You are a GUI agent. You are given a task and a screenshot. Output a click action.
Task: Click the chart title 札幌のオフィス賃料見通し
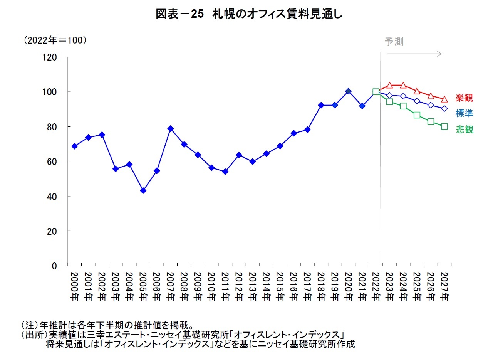pyautogui.click(x=249, y=14)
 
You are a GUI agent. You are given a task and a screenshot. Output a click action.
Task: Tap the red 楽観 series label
pyautogui.click(x=464, y=98)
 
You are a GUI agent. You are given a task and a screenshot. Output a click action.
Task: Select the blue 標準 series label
pyautogui.click(x=464, y=113)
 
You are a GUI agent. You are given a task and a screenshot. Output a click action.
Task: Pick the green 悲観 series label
pyautogui.click(x=464, y=129)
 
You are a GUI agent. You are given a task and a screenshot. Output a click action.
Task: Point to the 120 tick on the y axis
pyautogui.click(x=50, y=57)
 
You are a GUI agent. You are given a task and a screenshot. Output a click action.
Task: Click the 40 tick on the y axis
pyautogui.click(x=52, y=197)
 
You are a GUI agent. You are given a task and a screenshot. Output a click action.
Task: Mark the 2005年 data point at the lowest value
pyautogui.click(x=143, y=190)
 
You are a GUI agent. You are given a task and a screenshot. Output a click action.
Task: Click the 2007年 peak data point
pyautogui.click(x=171, y=129)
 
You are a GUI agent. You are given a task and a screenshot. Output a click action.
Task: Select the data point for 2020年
pyautogui.click(x=348, y=91)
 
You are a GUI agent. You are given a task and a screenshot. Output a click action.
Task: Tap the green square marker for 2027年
pyautogui.click(x=444, y=126)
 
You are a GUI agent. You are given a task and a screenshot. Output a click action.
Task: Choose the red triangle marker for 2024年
pyautogui.click(x=403, y=85)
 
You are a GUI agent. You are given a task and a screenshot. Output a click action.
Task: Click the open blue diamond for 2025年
pyautogui.click(x=417, y=101)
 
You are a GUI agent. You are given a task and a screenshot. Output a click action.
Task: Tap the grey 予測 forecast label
pyautogui.click(x=394, y=42)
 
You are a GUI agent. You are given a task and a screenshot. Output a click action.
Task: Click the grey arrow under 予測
pyautogui.click(x=414, y=54)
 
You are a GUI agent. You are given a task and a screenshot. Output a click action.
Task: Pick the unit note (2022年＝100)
pyautogui.click(x=54, y=40)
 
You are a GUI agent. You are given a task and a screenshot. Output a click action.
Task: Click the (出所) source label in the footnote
pyautogui.click(x=33, y=334)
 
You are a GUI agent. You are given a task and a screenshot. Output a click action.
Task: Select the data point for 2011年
pyautogui.click(x=225, y=172)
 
